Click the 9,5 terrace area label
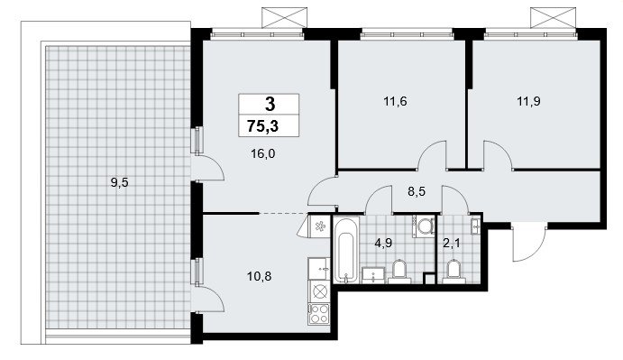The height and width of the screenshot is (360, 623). [x=120, y=183]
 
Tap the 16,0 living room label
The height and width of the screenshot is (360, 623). [x=263, y=153]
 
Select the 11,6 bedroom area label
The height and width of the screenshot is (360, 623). [x=395, y=101]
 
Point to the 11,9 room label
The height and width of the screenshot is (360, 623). [x=528, y=101]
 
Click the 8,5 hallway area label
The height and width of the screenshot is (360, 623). [x=417, y=192]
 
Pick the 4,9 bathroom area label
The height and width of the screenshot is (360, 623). [x=383, y=243]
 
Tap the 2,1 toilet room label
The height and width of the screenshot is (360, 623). [x=452, y=243]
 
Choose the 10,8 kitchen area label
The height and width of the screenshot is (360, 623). [x=259, y=276]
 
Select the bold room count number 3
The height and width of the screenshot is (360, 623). [x=270, y=105]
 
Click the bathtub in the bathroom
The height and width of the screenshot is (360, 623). [x=346, y=250]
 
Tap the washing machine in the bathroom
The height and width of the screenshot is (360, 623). [x=424, y=226]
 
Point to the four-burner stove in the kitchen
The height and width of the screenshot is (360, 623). [x=319, y=313]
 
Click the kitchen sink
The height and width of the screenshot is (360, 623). [x=319, y=268]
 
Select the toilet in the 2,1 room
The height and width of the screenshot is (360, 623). [x=454, y=272]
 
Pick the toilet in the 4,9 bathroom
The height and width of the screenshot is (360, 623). [x=399, y=272]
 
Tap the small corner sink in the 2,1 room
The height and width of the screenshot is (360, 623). [x=475, y=226]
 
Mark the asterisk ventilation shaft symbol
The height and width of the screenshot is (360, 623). [x=319, y=226]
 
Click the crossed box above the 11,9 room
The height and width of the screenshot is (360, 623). [x=554, y=17]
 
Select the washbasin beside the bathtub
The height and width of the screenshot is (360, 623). [x=373, y=275]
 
